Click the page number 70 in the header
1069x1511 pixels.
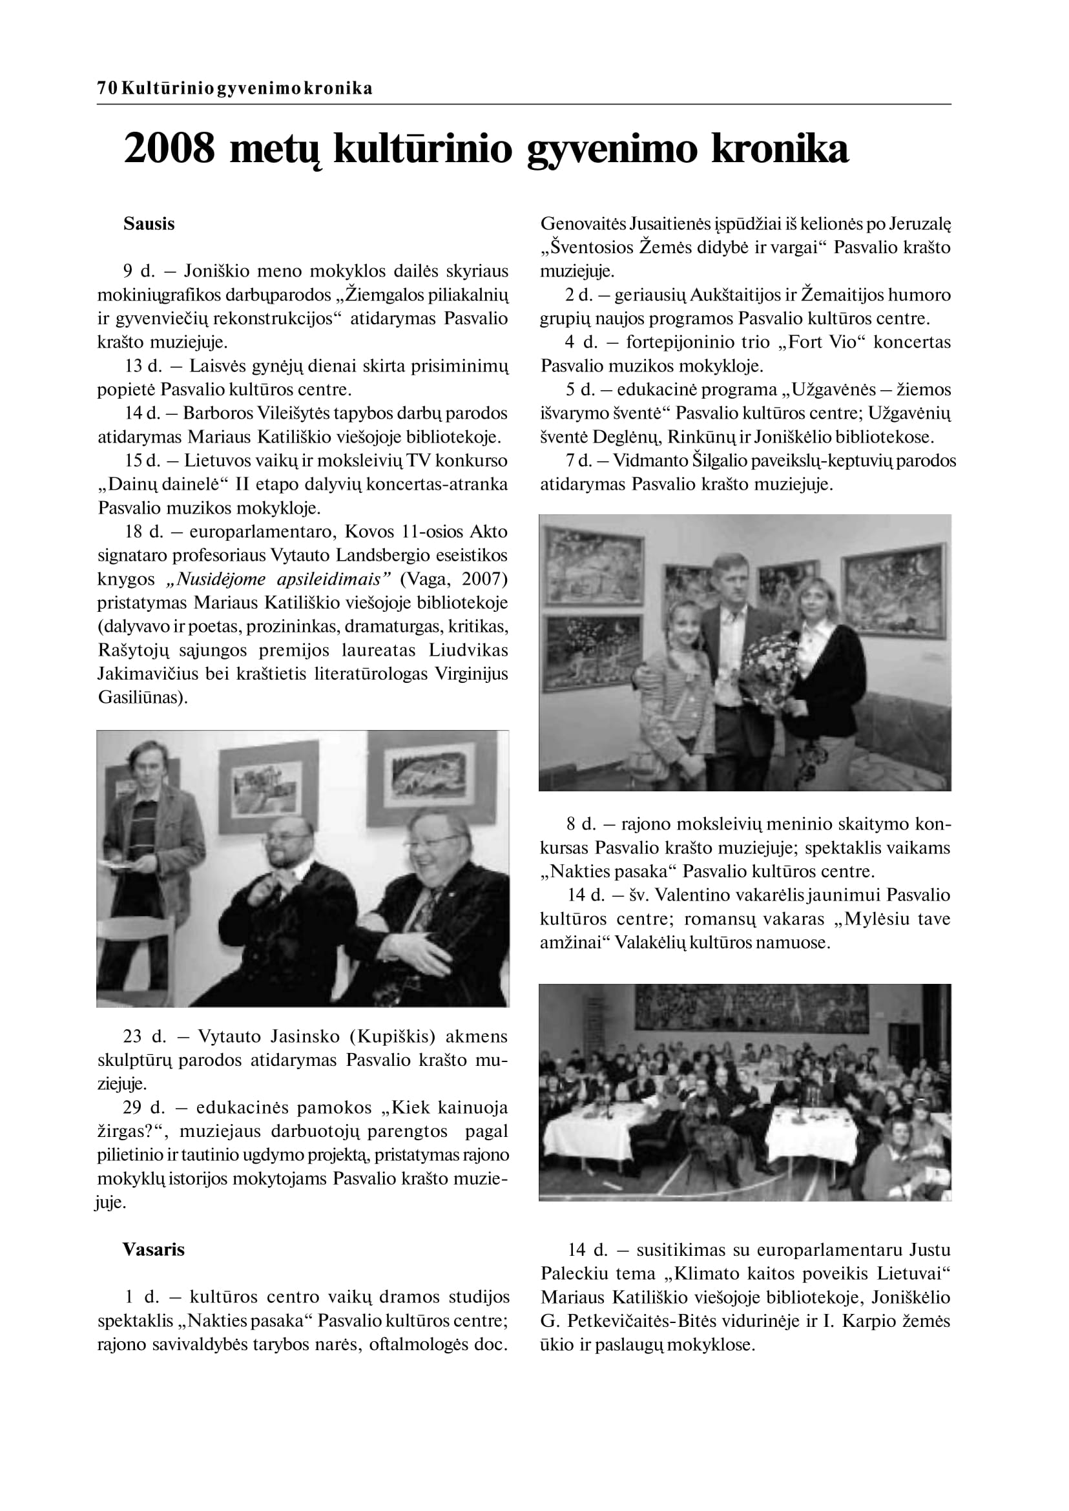pos(107,89)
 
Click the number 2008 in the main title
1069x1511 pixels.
pos(169,149)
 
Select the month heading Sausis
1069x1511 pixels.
pos(149,224)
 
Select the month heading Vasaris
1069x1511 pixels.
pos(153,1249)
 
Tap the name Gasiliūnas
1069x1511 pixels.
pos(138,698)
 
